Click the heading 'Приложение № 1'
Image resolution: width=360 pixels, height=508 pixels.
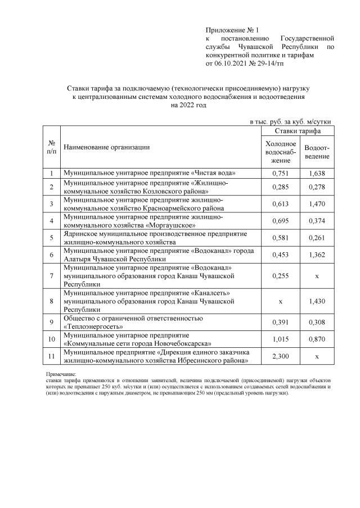pyautogui.click(x=231, y=29)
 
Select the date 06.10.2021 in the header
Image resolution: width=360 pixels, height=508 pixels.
pyautogui.click(x=232, y=65)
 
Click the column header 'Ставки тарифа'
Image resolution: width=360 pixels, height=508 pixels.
pyautogui.click(x=298, y=130)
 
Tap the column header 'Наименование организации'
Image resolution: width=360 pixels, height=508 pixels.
pyautogui.click(x=106, y=147)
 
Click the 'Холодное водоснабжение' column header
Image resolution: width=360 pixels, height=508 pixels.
pyautogui.click(x=280, y=152)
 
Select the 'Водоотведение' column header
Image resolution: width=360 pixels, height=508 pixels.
pyautogui.click(x=317, y=152)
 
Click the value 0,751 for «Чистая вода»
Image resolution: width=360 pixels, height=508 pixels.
pyautogui.click(x=280, y=173)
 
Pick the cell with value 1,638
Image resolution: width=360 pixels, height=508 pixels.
pyautogui.click(x=317, y=173)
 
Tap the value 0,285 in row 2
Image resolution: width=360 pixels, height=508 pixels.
pyautogui.click(x=280, y=187)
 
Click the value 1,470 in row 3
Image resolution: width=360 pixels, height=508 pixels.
pyautogui.click(x=317, y=204)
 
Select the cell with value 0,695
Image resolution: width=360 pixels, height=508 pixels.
pyautogui.click(x=280, y=221)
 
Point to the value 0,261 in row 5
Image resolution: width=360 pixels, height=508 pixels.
pyautogui.click(x=317, y=238)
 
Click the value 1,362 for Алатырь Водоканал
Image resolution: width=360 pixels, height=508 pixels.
pyautogui.click(x=317, y=255)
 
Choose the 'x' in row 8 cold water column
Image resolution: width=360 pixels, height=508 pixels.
pyautogui.click(x=280, y=301)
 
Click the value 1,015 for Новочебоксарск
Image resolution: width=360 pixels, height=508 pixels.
pyautogui.click(x=280, y=339)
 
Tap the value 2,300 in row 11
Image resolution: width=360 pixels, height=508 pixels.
pyautogui.click(x=280, y=356)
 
